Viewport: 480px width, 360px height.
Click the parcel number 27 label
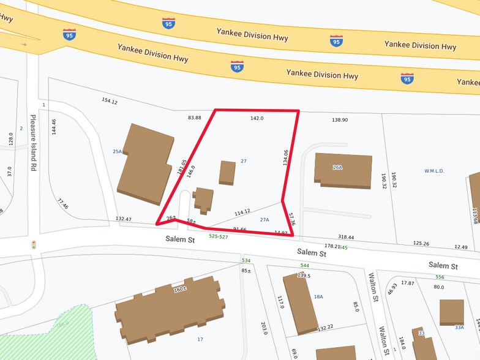tap(244, 160)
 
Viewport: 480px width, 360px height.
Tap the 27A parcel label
tap(264, 219)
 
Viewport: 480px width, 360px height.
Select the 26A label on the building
tap(337, 167)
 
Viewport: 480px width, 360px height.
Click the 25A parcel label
tap(118, 151)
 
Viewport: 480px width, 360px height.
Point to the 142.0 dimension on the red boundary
tap(257, 118)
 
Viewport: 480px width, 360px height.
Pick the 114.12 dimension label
tap(242, 212)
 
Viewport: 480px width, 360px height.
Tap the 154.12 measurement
tap(109, 101)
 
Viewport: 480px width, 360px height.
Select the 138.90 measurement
tap(340, 120)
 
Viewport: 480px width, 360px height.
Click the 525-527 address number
tap(219, 236)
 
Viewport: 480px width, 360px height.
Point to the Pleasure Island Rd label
tap(34, 144)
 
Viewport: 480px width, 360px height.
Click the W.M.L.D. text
tap(433, 171)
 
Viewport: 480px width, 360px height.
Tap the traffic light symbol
tap(34, 245)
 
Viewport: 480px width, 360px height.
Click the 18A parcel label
tap(318, 296)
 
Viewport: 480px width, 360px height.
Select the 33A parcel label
tap(459, 327)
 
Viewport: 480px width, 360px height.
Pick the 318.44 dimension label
tap(347, 236)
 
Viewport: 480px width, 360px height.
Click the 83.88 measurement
tap(195, 117)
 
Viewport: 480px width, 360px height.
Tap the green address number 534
tap(246, 260)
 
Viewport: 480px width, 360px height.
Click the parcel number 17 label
tap(200, 339)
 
